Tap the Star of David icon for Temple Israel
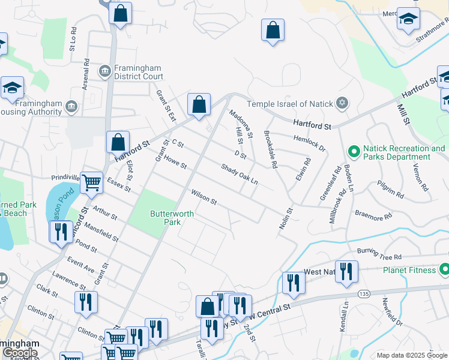[x=342, y=104]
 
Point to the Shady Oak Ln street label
[x=239, y=175]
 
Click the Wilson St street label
[x=203, y=197]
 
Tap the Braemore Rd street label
[x=373, y=212]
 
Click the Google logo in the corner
[x=20, y=352]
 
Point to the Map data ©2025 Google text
[x=412, y=355]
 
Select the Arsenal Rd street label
[x=86, y=70]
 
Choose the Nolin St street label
[x=285, y=218]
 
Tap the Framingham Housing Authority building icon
[x=72, y=107]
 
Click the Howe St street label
[x=176, y=162]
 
